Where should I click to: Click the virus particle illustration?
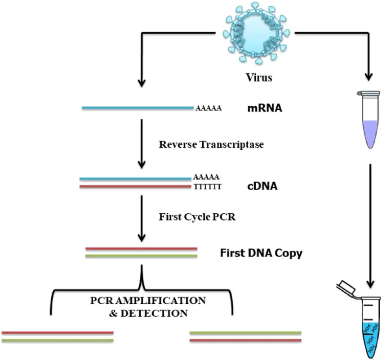pyautogui.click(x=256, y=33)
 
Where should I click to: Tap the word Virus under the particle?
pyautogui.click(x=259, y=77)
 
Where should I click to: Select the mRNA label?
pyautogui.click(x=265, y=108)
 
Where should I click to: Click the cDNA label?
pyautogui.click(x=262, y=186)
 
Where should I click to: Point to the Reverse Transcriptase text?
pyautogui.click(x=211, y=144)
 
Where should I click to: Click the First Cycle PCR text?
pyautogui.click(x=197, y=217)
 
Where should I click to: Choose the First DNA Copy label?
pyautogui.click(x=261, y=253)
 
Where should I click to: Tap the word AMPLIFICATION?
pyautogui.click(x=160, y=301)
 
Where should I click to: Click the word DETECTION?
pyautogui.click(x=154, y=313)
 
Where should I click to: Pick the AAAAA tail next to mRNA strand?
pyautogui.click(x=209, y=108)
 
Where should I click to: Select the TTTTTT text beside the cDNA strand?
pyautogui.click(x=208, y=187)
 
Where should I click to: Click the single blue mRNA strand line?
pyautogui.click(x=138, y=108)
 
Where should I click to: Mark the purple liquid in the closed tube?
pyautogui.click(x=371, y=134)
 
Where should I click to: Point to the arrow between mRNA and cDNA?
pyautogui.click(x=142, y=144)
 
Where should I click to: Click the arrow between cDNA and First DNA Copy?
pyautogui.click(x=142, y=218)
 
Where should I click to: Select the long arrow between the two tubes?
pyautogui.click(x=370, y=226)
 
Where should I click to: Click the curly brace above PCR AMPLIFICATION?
pyautogui.click(x=142, y=290)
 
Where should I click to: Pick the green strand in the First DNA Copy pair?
pyautogui.click(x=141, y=256)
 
